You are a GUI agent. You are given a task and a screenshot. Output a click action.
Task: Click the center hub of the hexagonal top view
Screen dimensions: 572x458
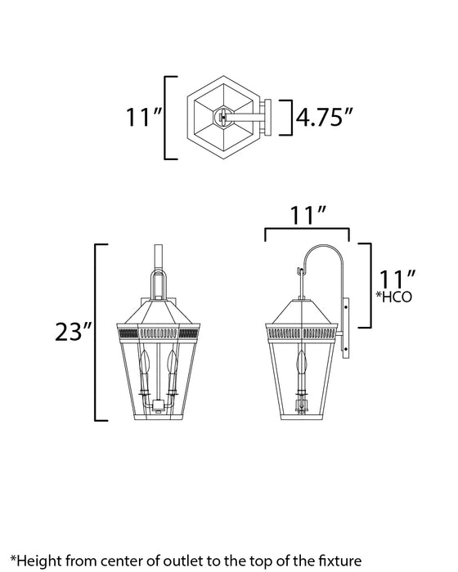click(221, 118)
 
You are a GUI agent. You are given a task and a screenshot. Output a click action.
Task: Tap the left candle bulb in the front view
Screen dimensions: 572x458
click(147, 364)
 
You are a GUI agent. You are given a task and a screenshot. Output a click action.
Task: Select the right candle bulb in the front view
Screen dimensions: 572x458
click(173, 364)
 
